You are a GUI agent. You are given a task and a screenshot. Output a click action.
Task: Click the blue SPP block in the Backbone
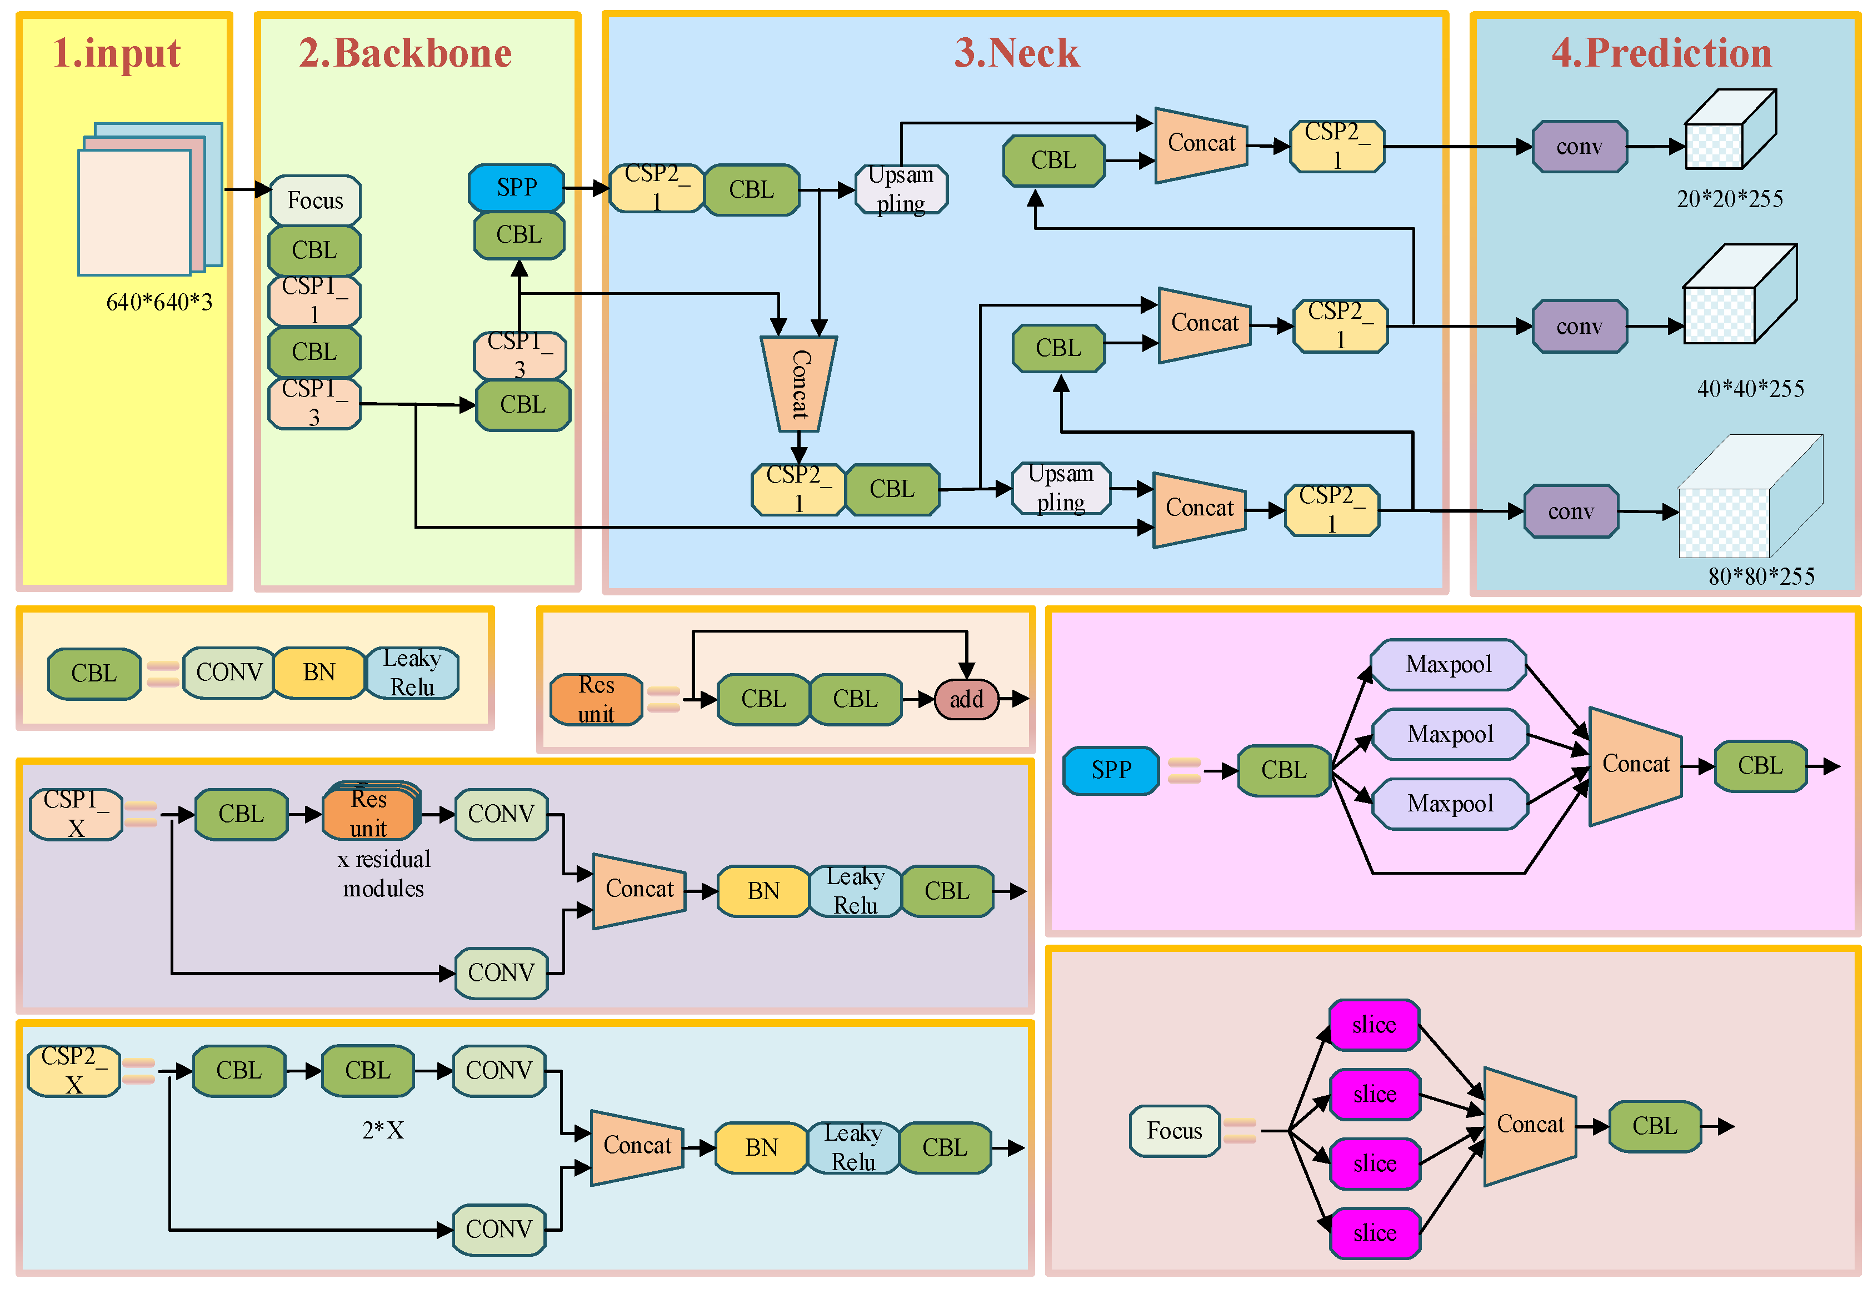516,187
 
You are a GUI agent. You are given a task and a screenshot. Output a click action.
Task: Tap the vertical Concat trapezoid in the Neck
799,384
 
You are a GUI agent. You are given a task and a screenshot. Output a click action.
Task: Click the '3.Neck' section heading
1016,53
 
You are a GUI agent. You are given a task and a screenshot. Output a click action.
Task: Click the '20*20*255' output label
1730,199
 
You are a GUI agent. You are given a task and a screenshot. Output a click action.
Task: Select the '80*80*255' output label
1761,576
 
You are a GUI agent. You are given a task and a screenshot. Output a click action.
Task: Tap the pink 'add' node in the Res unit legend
966,699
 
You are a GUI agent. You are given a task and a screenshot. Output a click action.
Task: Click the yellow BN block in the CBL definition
319,672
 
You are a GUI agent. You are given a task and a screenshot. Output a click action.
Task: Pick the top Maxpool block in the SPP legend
1448,665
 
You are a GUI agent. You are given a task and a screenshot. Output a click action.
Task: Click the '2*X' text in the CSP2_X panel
383,1130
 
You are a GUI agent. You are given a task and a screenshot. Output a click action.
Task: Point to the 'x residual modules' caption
384,874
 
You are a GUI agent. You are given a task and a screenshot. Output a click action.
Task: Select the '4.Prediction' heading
1661,53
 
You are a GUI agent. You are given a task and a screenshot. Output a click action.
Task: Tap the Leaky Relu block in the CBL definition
412,672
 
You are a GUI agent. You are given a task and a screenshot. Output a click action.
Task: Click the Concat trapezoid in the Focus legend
1530,1126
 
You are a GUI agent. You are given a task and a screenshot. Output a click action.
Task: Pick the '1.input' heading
117,53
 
